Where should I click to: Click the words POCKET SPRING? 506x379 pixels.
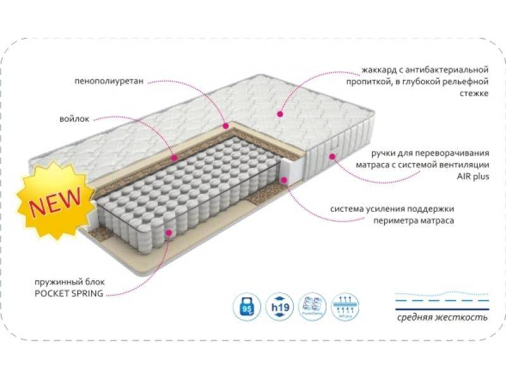(x=73, y=294)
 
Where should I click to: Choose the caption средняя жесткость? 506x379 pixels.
(x=443, y=316)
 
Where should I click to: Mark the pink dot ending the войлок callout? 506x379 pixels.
(x=175, y=153)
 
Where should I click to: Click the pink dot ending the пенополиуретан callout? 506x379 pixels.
(x=224, y=126)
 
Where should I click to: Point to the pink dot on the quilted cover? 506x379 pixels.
(x=279, y=114)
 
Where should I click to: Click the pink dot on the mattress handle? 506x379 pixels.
(x=332, y=153)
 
